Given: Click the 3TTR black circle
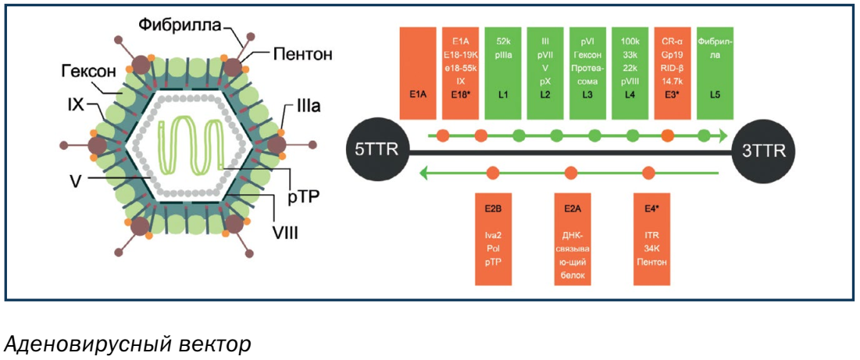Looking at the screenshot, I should [764, 151].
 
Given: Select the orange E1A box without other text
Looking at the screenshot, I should [416, 73].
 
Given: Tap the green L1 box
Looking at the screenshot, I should [503, 73].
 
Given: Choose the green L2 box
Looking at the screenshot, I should [545, 73].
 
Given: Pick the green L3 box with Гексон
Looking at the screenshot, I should [591, 73].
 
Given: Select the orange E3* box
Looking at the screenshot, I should [672, 73].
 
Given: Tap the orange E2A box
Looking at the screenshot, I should [571, 239].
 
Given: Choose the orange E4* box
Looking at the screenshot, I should [651, 239].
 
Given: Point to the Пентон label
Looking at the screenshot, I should [303, 55].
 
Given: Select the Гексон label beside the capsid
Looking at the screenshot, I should [88, 73].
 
